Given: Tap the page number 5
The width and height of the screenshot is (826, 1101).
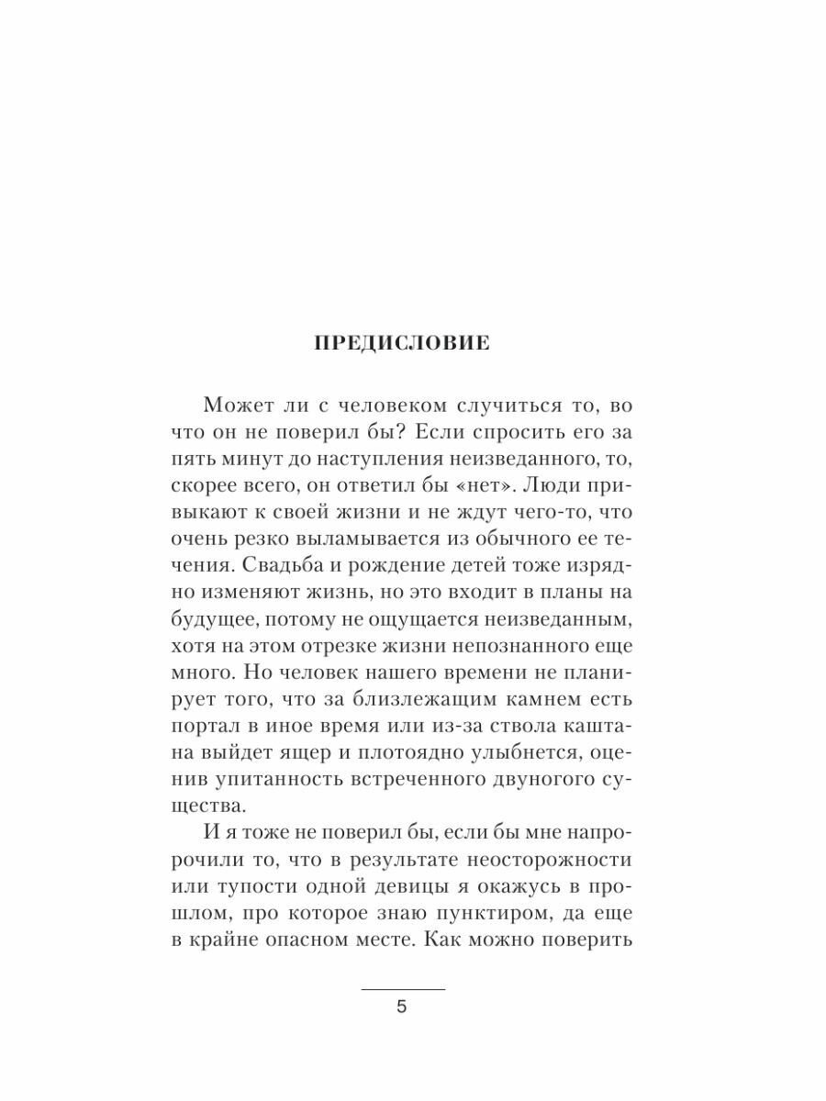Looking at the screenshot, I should point(401,1006).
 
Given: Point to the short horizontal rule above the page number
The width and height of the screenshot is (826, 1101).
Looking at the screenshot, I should point(402,990).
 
